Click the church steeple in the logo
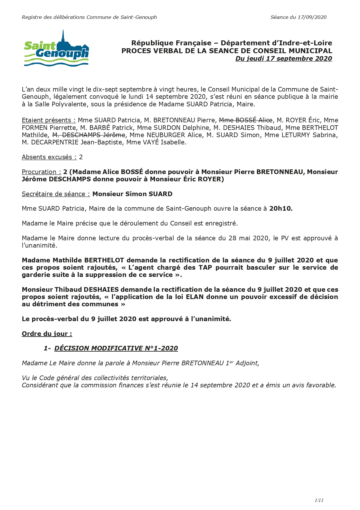pyautogui.click(x=63, y=37)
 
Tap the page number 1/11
pyautogui.click(x=319, y=500)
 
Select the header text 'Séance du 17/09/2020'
pyautogui.click(x=298, y=17)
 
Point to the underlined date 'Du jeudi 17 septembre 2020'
pyautogui.click(x=284, y=58)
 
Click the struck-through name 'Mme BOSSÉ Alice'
pyautogui.click(x=246, y=120)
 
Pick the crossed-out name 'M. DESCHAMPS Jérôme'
pyautogui.click(x=89, y=135)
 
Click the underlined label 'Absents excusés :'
pyautogui.click(x=49, y=157)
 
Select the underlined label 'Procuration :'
pyautogui.click(x=41, y=172)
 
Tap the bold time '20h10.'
pyautogui.click(x=281, y=209)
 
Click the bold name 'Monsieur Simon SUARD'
pyautogui.click(x=132, y=194)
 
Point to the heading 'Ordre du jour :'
pyautogui.click(x=47, y=334)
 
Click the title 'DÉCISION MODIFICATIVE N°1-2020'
pyautogui.click(x=116, y=348)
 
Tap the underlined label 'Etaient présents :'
pyautogui.click(x=48, y=120)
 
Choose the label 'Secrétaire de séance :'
pyautogui.click(x=56, y=194)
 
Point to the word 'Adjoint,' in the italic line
pyautogui.click(x=247, y=363)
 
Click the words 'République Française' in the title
pyautogui.click(x=171, y=43)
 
